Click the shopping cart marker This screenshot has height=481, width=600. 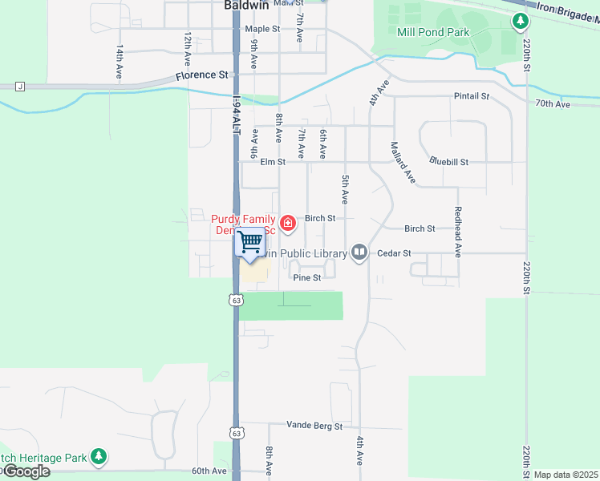[250, 241]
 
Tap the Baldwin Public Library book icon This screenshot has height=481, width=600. [359, 253]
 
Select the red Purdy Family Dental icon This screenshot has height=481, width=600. [287, 223]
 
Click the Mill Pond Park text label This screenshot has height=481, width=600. [433, 33]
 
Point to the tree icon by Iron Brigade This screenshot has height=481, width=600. [521, 20]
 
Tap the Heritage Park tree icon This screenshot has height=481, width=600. [99, 457]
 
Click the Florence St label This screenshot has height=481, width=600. [202, 75]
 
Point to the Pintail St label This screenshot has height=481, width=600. [472, 96]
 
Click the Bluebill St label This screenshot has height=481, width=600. [448, 161]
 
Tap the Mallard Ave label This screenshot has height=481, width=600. [402, 162]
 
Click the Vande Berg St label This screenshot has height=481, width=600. [315, 426]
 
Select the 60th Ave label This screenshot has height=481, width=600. [210, 471]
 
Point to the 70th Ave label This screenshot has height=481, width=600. [553, 104]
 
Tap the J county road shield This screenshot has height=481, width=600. [20, 86]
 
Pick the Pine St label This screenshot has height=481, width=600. [307, 278]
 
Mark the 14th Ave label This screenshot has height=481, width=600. [119, 59]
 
